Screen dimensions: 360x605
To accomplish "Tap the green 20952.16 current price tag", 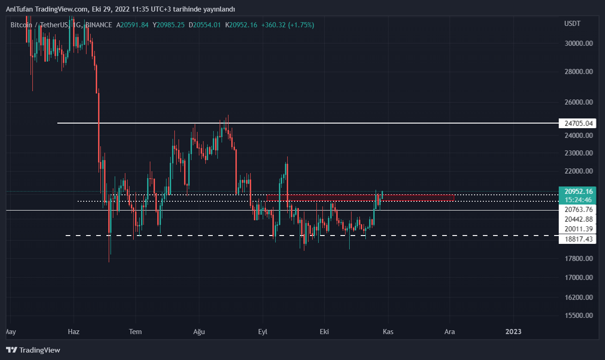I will pyautogui.click(x=575, y=192).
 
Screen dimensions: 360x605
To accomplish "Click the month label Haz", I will pyautogui.click(x=74, y=332).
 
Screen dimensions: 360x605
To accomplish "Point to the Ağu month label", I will pyautogui.click(x=198, y=332).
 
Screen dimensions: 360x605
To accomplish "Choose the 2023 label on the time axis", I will pyautogui.click(x=513, y=332).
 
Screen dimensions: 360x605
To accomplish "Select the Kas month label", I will pyautogui.click(x=388, y=332).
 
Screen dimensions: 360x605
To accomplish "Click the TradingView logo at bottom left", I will pyautogui.click(x=33, y=350).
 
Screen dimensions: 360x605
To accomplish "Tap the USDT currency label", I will pyautogui.click(x=572, y=24).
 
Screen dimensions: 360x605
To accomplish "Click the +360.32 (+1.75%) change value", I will pyautogui.click(x=287, y=25).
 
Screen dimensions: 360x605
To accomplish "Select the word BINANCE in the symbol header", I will pyautogui.click(x=99, y=25).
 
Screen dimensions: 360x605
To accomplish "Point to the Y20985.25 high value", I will pyautogui.click(x=169, y=25).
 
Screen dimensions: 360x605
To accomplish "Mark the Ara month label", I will pyautogui.click(x=450, y=332).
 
